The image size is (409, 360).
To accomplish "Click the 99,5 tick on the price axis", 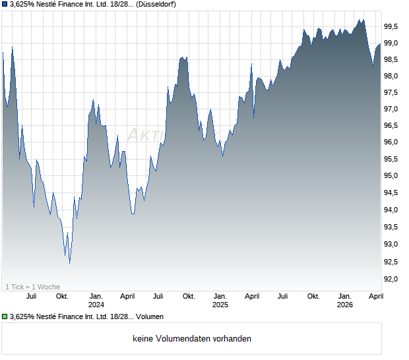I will click(392, 27).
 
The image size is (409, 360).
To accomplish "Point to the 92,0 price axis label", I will click(392, 280).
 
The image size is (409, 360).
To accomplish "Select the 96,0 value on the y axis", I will click(392, 143).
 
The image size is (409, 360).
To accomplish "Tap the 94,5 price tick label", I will click(392, 193).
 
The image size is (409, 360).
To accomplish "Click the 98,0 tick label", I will click(392, 76).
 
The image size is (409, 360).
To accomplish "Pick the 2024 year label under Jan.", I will click(96, 305).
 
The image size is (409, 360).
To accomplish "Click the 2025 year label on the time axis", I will click(220, 305).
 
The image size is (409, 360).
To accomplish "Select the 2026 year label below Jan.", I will click(345, 305).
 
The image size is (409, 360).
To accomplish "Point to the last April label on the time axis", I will click(375, 296).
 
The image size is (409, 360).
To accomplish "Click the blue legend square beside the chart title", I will click(5, 5).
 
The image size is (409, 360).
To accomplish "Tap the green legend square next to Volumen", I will click(5, 316).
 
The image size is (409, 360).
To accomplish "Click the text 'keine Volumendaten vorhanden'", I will click(192, 339).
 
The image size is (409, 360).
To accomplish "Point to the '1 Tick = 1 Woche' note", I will click(32, 287).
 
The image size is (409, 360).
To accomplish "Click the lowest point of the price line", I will click(69, 262).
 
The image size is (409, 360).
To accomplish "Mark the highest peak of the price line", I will click(362, 19).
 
